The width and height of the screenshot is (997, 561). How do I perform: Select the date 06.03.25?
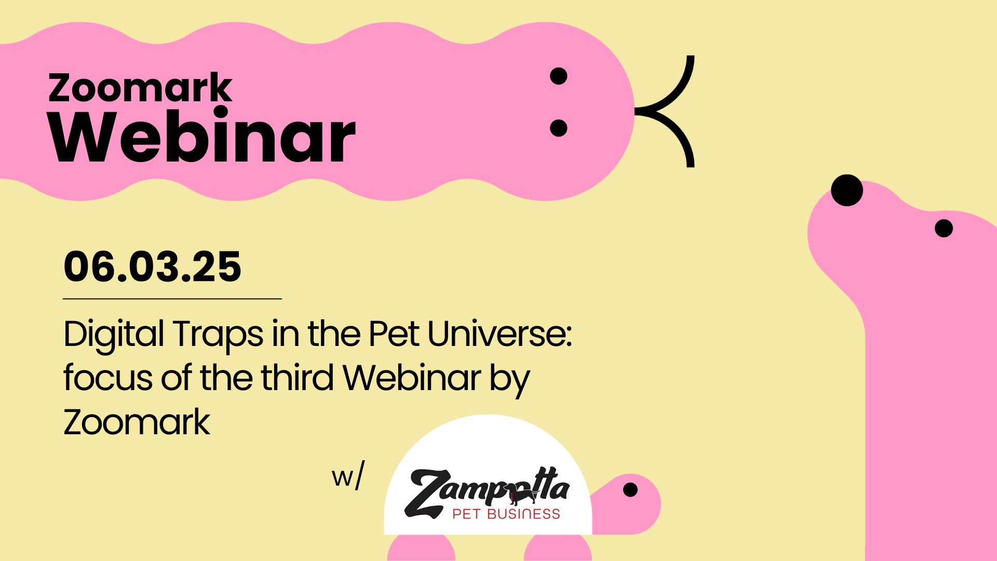(153, 266)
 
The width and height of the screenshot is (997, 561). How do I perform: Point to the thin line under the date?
(172, 299)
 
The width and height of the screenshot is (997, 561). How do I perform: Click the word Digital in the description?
(114, 334)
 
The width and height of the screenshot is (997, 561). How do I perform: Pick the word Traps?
(218, 334)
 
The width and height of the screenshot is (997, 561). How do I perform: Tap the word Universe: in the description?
(500, 333)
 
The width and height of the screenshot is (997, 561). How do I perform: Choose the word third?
(297, 378)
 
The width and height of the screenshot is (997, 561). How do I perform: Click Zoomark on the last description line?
(137, 422)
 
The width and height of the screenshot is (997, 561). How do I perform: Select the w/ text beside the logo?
(348, 475)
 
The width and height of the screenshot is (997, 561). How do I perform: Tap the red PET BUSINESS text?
(506, 514)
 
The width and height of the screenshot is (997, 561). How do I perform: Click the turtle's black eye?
(630, 489)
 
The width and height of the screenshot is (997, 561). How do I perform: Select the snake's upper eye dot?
(558, 76)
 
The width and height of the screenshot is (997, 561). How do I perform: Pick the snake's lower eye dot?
(558, 128)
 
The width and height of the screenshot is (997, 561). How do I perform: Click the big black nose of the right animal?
(847, 190)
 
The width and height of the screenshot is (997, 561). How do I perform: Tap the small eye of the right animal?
(944, 228)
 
